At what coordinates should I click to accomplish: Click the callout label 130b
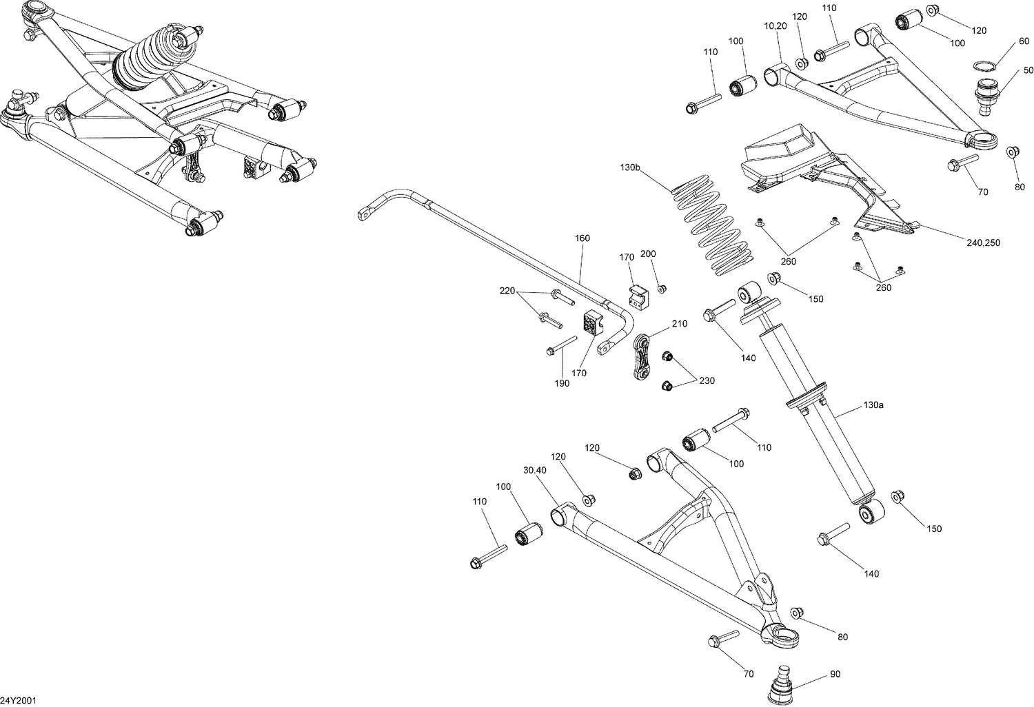[x=631, y=167]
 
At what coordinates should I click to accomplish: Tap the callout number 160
[x=582, y=239]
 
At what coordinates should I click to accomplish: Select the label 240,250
[x=982, y=243]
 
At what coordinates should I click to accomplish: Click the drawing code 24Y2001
[x=19, y=701]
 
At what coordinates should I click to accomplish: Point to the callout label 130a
[x=873, y=405]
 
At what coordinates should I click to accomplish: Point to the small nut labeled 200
[x=661, y=288]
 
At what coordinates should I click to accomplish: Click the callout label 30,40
[x=534, y=470]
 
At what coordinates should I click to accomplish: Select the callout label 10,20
[x=775, y=25]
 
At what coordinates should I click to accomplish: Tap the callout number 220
[x=507, y=291]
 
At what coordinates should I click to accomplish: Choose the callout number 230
[x=707, y=380]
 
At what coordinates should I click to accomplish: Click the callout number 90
[x=835, y=673]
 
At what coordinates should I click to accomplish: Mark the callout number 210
[x=678, y=323]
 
